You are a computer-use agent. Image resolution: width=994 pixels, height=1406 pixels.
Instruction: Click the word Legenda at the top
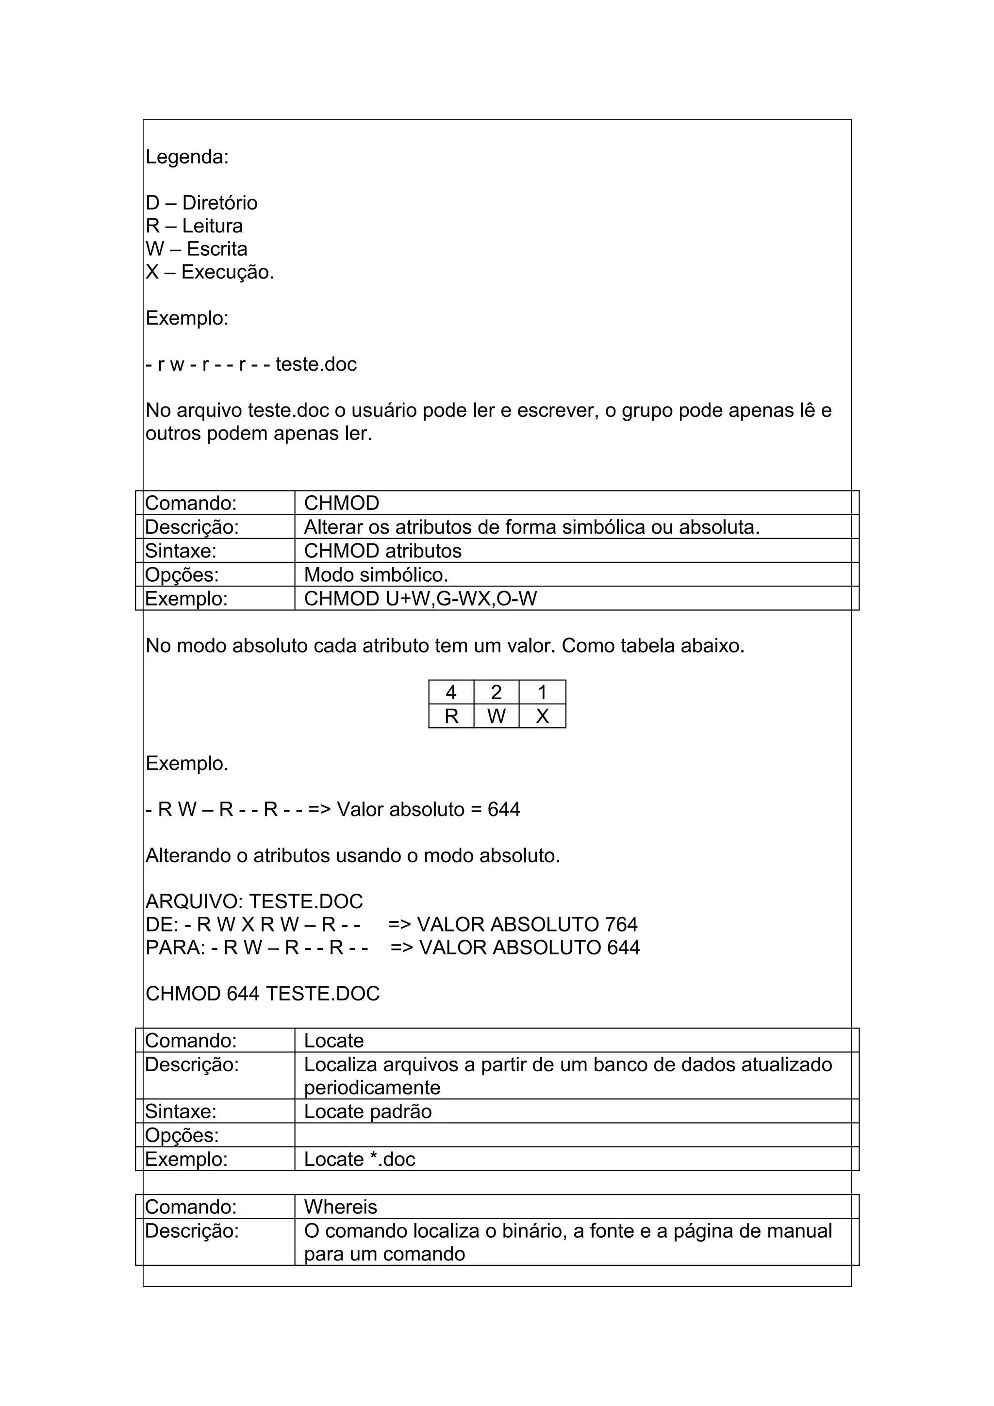(186, 157)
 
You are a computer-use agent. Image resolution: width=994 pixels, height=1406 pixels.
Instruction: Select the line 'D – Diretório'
(201, 203)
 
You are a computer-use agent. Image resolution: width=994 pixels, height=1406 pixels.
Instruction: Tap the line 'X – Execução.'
(210, 272)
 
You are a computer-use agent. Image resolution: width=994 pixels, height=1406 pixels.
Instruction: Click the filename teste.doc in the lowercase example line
(316, 364)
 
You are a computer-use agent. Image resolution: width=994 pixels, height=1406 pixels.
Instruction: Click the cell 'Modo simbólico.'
(376, 575)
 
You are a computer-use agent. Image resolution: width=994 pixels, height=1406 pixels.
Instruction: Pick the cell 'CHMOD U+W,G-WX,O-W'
(420, 599)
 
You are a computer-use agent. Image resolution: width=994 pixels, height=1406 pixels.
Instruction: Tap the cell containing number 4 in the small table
(451, 693)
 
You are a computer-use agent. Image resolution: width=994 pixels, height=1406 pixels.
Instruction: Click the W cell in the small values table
(496, 717)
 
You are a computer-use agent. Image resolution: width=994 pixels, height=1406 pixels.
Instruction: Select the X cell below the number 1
(542, 717)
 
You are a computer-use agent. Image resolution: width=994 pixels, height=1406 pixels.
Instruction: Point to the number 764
(621, 925)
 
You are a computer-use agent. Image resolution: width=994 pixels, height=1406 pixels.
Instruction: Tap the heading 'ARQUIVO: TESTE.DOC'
(254, 901)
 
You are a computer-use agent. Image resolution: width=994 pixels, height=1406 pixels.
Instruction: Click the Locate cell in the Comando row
(334, 1041)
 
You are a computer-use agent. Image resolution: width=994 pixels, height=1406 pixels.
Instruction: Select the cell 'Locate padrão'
(367, 1112)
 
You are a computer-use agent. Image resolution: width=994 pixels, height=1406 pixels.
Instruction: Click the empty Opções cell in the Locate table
(576, 1135)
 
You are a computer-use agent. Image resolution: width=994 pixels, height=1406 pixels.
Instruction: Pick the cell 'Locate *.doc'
(360, 1159)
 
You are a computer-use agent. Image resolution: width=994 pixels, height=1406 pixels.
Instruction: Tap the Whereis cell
(341, 1207)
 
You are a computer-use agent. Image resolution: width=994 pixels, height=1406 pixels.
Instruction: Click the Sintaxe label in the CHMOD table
(181, 551)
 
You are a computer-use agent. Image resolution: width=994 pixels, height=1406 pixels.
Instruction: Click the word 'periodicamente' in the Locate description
(372, 1088)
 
